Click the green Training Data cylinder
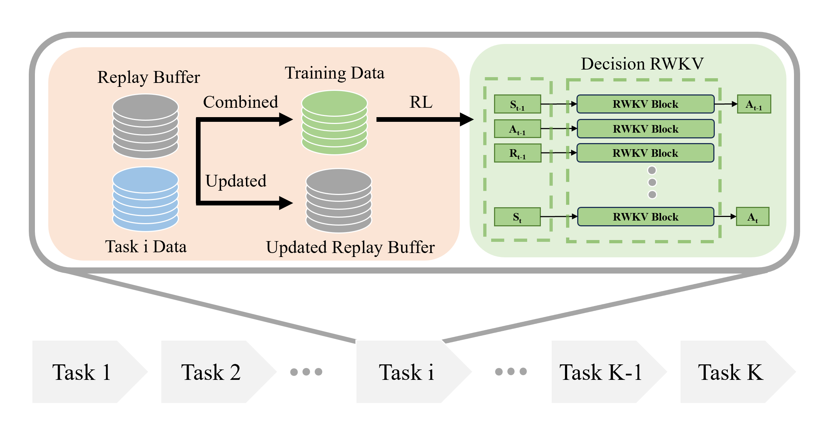click(335, 123)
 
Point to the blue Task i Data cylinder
click(145, 199)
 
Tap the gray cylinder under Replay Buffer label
click(145, 126)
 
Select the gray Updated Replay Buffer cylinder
click(339, 201)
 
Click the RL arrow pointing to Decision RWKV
click(425, 119)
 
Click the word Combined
click(241, 102)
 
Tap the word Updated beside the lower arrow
click(236, 181)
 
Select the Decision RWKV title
click(642, 64)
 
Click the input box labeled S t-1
click(517, 104)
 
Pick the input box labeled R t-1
click(517, 153)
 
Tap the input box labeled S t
click(517, 217)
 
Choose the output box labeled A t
click(753, 217)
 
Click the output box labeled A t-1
click(754, 104)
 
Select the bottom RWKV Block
click(646, 217)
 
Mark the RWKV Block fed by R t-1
click(646, 153)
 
